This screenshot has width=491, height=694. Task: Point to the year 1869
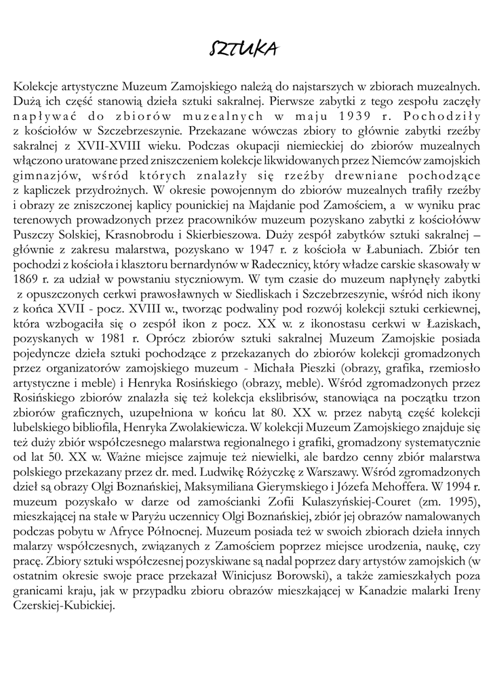(25, 279)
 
